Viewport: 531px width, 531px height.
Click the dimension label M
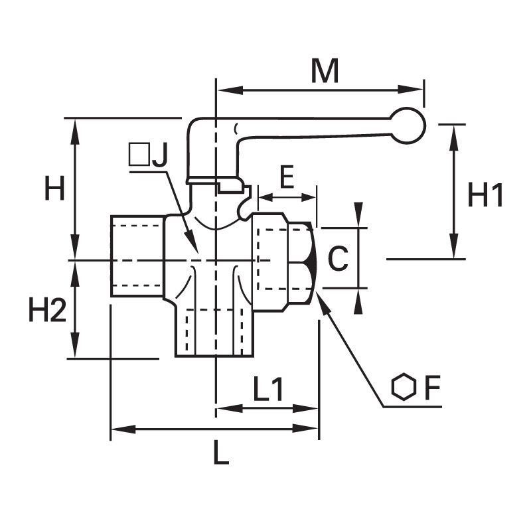point(325,71)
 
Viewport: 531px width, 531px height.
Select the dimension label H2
point(47,309)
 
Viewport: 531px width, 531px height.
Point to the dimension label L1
point(268,389)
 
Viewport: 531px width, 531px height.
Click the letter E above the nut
point(287,177)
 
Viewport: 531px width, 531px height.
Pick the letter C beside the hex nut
point(339,259)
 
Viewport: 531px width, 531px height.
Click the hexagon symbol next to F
point(404,387)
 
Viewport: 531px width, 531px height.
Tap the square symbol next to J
point(139,154)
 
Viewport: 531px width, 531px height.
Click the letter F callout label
point(432,388)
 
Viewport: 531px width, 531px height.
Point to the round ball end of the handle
point(408,125)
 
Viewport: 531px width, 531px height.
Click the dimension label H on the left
point(54,189)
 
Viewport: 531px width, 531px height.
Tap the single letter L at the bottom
point(221,452)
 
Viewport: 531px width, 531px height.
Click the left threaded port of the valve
point(137,256)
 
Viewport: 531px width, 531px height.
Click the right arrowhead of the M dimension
point(410,90)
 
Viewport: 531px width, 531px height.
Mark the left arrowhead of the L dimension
point(123,429)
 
